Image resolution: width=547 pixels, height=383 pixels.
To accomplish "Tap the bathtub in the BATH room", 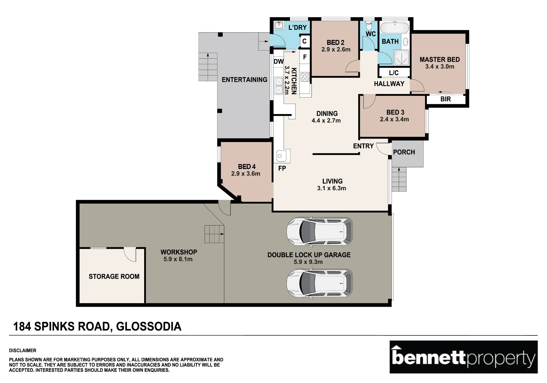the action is [394, 28].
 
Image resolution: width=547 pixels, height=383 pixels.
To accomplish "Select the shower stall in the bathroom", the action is [401, 58].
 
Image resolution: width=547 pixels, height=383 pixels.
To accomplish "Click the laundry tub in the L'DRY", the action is [279, 25].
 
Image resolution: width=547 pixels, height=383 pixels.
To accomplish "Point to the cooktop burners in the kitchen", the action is [305, 77].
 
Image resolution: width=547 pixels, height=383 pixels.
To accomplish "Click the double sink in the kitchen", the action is [279, 86].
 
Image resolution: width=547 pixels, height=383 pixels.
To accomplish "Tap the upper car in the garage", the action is [319, 231].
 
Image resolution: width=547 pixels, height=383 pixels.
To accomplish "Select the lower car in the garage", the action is [319, 283].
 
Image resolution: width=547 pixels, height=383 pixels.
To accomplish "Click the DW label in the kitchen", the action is [278, 62].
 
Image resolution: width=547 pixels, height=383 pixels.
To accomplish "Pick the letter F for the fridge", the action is [305, 57].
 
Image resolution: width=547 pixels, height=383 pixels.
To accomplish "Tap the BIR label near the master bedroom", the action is [446, 99].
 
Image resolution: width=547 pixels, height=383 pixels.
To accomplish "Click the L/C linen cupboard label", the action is [394, 73].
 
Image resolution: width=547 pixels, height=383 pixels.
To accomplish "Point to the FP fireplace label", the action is [282, 168].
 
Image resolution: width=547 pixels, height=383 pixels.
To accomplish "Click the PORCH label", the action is [404, 152].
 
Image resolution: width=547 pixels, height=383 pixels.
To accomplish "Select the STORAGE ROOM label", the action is [114, 276].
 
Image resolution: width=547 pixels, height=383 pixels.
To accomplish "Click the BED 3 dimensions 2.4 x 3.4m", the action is [394, 119].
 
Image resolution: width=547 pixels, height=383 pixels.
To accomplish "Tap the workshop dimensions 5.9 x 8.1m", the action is [178, 259].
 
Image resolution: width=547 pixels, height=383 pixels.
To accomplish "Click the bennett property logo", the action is [464, 357].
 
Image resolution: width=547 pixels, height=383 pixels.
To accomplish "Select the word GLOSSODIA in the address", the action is [149, 326].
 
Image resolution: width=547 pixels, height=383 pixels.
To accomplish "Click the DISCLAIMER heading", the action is [23, 350].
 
